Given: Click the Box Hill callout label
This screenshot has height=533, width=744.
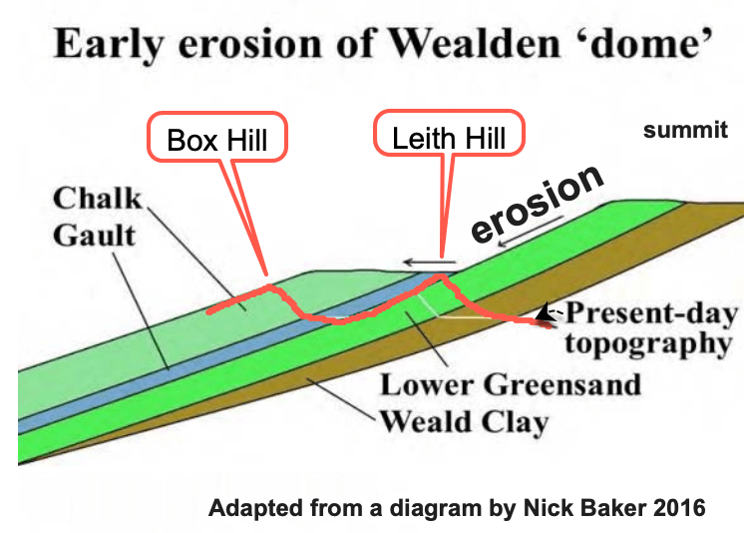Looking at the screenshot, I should [217, 139].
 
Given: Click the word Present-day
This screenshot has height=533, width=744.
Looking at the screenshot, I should [651, 315].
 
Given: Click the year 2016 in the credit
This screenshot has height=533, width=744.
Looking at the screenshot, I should [679, 508].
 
